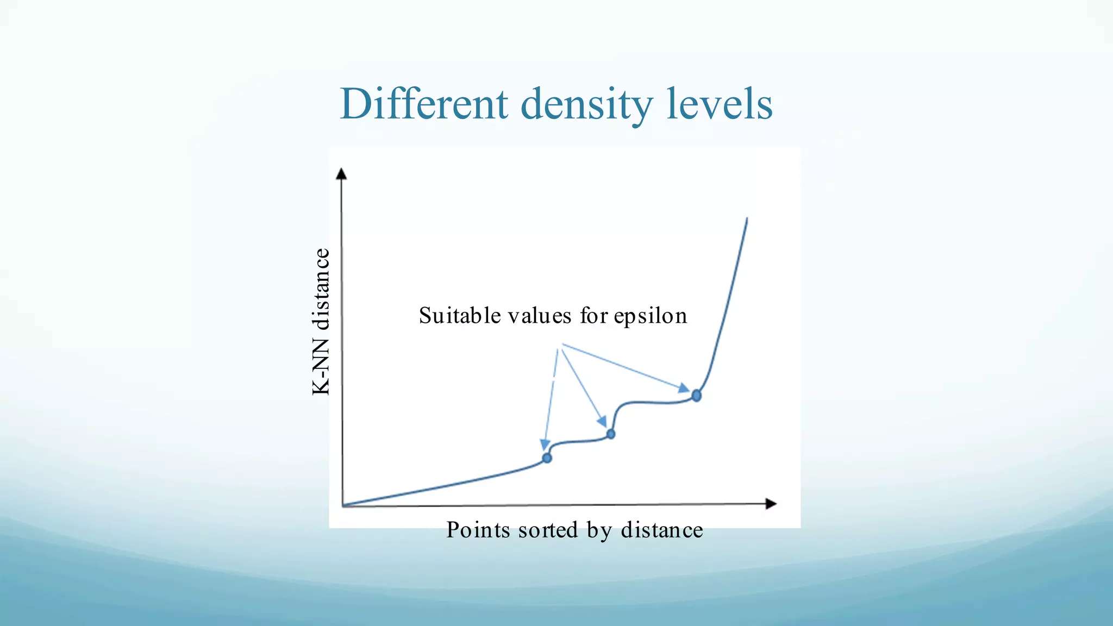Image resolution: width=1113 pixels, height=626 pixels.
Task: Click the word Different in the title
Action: (424, 104)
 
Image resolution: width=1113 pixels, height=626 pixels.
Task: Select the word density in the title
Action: (586, 104)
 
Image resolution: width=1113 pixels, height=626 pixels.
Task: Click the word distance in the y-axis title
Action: (321, 290)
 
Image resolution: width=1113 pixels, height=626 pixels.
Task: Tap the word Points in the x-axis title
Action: (478, 530)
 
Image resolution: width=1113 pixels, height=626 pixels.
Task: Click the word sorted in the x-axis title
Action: (548, 530)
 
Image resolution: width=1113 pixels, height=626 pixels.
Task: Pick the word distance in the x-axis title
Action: (662, 530)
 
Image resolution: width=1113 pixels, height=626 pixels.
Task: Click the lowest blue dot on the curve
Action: (547, 458)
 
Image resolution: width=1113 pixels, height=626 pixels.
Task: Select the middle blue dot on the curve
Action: (611, 434)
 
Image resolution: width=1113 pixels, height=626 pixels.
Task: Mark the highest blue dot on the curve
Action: (696, 396)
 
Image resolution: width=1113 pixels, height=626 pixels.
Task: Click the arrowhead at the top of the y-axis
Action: (341, 174)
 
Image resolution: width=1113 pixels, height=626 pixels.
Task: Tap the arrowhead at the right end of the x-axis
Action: (771, 504)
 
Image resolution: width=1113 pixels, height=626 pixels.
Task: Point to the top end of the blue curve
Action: (747, 220)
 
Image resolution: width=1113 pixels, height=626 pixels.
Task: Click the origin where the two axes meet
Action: (343, 506)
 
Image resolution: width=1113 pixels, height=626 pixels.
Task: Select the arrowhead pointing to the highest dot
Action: (684, 388)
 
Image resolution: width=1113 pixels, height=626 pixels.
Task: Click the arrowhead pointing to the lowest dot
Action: (545, 445)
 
